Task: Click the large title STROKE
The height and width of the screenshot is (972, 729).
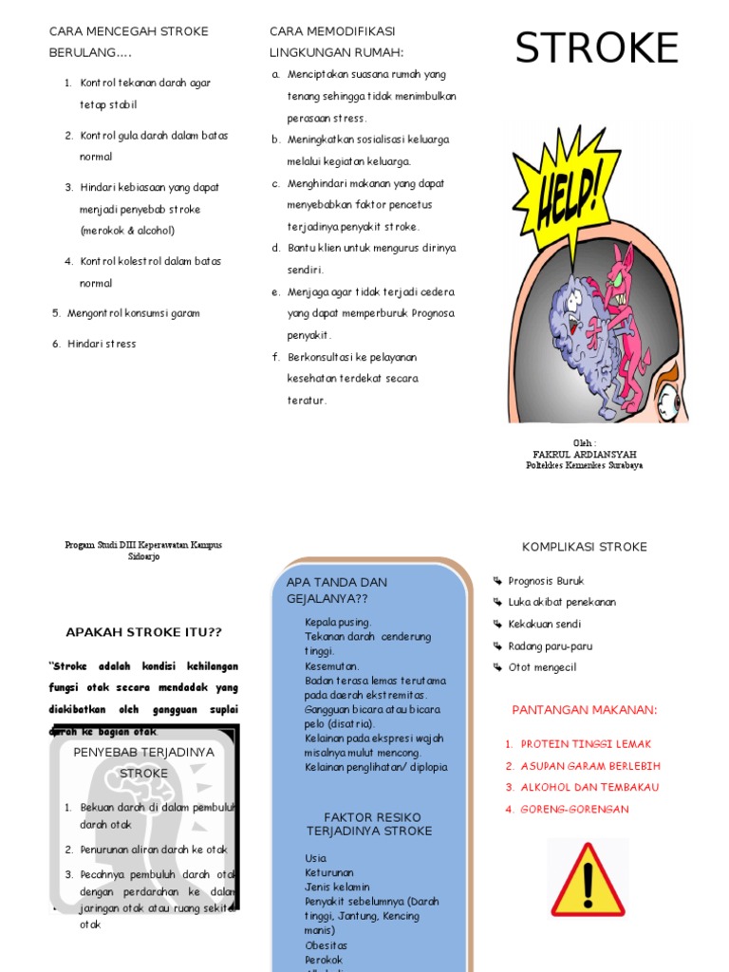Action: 597,48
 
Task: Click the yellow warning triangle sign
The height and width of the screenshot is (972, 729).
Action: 588,877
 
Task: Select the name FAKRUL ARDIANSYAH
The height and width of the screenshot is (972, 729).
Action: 585,455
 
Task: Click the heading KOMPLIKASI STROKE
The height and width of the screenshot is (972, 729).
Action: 585,547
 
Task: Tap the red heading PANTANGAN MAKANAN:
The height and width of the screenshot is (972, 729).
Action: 585,710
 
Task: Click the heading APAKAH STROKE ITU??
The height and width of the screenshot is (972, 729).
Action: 143,632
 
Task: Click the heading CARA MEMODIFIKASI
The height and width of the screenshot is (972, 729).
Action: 332,32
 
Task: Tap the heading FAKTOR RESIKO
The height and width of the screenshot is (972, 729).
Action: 372,817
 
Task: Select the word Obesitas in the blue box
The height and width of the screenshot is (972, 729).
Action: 326,945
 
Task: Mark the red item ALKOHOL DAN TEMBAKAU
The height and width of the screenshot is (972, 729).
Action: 589,788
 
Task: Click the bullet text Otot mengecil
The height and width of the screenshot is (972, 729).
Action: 542,667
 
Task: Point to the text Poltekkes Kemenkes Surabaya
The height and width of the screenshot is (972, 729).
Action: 585,466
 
